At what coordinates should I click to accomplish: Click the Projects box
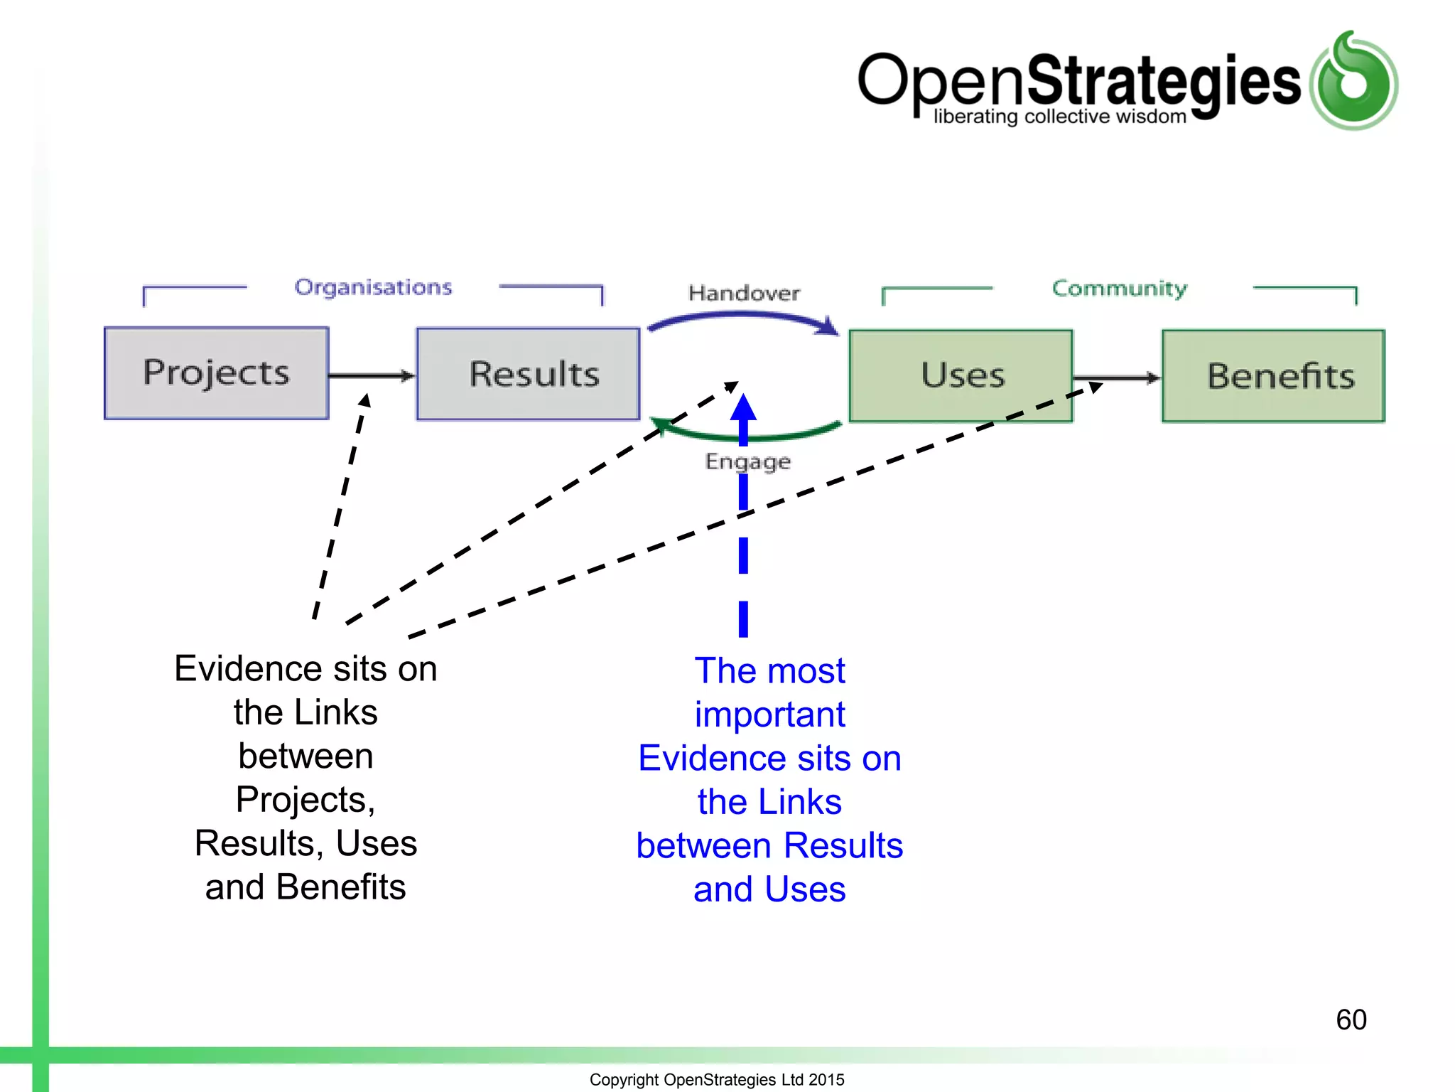(216, 373)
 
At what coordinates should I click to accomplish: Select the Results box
(528, 374)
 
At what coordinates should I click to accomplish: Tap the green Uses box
(961, 375)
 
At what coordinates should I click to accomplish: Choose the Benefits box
(1273, 376)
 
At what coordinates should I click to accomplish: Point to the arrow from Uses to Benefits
(1116, 378)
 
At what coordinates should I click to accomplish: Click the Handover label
(744, 293)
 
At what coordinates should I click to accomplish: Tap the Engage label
(747, 461)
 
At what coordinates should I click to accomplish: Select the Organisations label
(373, 287)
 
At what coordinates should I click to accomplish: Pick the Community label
(1119, 289)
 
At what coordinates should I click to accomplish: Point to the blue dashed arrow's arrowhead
(743, 409)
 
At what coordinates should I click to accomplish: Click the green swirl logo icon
(1354, 82)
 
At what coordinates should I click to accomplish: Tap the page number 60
(1351, 1019)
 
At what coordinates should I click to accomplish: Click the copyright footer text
(717, 1079)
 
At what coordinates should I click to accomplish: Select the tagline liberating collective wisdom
(1059, 117)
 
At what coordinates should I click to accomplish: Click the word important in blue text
(769, 714)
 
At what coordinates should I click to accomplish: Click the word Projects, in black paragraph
(305, 800)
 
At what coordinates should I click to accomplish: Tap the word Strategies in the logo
(1164, 82)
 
